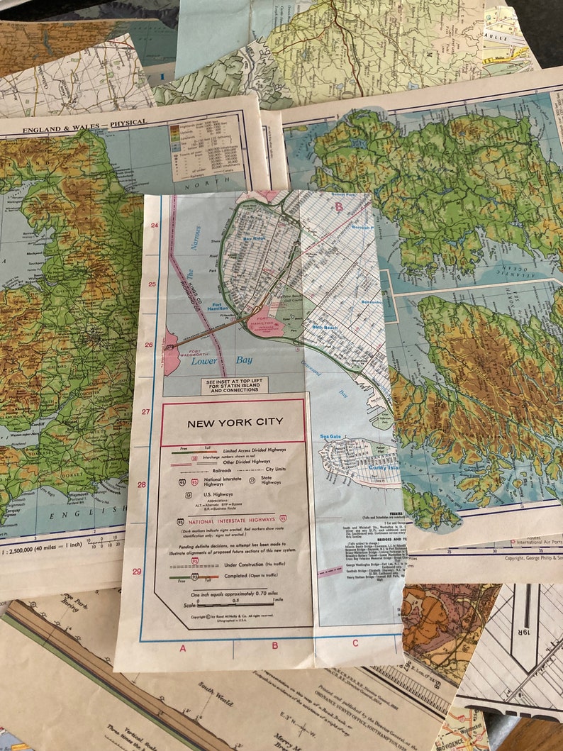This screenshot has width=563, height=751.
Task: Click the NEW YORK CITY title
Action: point(235,423)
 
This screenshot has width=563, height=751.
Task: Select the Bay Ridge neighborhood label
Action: point(253,239)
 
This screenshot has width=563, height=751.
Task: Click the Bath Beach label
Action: point(325,328)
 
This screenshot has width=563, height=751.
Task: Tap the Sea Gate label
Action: point(330,437)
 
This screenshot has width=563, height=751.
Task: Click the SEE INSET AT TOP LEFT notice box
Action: point(234,386)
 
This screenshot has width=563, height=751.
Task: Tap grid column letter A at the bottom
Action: point(183,647)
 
